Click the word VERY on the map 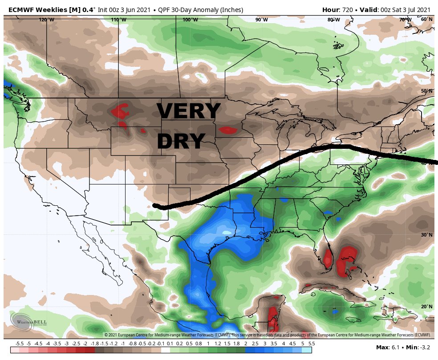(188, 111)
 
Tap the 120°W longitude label (46, 20)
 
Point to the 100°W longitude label (190, 20)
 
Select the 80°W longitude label (333, 20)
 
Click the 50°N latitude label (427, 91)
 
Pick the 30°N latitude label (427, 235)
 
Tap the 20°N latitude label (427, 307)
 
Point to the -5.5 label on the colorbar (20, 344)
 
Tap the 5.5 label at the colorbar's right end (311, 344)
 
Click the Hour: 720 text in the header (337, 9)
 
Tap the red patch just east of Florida (346, 261)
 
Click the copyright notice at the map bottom (267, 335)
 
